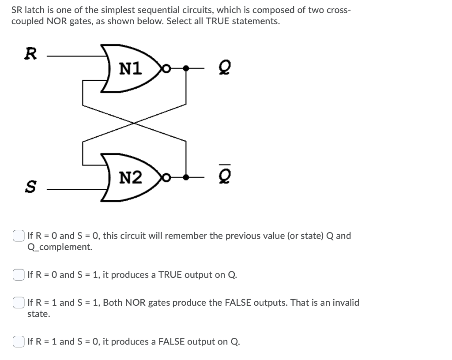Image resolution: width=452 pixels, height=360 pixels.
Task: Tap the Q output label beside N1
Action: click(223, 68)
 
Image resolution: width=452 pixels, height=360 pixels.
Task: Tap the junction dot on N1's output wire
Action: click(186, 68)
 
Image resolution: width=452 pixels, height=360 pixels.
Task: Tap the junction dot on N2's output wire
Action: click(186, 178)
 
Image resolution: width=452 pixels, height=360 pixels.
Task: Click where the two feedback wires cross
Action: click(134, 123)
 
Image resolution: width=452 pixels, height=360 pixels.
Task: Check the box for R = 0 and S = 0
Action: click(19, 236)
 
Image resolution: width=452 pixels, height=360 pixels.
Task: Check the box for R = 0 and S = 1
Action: click(19, 275)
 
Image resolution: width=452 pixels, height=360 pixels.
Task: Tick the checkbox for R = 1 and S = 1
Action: click(19, 303)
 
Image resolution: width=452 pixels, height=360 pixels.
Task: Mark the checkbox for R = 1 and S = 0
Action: click(19, 342)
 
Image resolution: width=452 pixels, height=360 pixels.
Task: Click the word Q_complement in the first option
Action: click(60, 247)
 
